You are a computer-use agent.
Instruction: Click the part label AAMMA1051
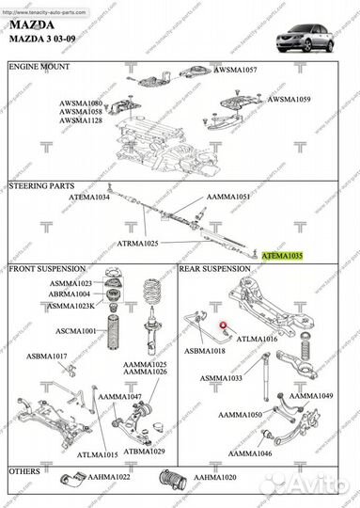pyautogui.click(x=228, y=197)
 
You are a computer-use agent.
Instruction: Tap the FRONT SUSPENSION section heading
pyautogui.click(x=51, y=269)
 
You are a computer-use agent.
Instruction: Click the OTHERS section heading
pyautogui.click(x=26, y=468)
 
